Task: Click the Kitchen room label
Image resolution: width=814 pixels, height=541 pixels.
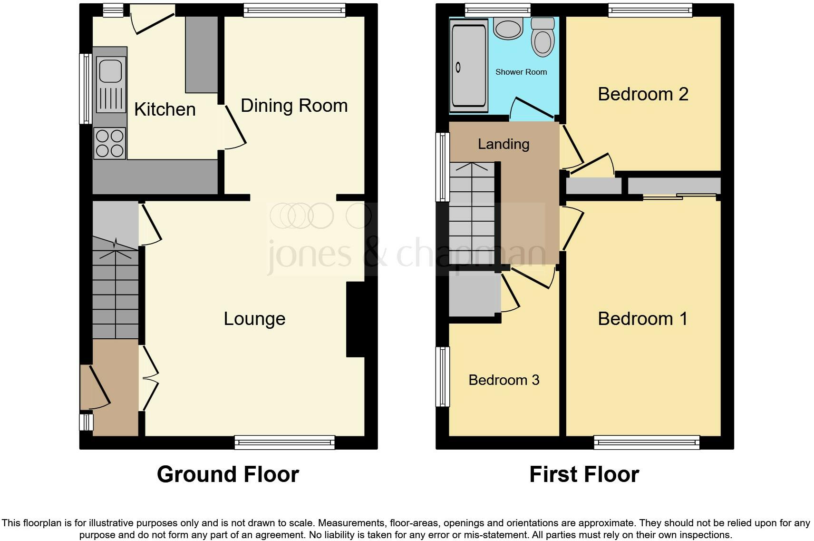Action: click(165, 109)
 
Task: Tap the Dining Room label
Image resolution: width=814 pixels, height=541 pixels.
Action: click(294, 106)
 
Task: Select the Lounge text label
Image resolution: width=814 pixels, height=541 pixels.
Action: click(254, 319)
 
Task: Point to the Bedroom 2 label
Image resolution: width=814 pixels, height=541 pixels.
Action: click(643, 94)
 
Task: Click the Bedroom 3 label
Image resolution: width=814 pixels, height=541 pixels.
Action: click(504, 380)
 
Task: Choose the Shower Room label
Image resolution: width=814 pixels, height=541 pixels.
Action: click(521, 72)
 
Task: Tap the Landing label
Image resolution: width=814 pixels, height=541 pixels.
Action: click(504, 144)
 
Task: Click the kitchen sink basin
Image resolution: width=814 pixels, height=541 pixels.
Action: click(110, 71)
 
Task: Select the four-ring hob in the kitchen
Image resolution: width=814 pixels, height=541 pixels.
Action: click(110, 143)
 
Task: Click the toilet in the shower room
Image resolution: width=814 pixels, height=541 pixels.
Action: click(543, 37)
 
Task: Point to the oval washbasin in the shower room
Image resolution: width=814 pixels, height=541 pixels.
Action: click(508, 29)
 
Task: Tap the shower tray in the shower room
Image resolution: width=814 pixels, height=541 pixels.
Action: click(469, 66)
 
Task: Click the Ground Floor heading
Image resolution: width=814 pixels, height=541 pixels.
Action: click(228, 474)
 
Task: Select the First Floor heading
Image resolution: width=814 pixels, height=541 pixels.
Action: click(584, 474)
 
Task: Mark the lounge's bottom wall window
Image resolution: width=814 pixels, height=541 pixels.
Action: click(284, 443)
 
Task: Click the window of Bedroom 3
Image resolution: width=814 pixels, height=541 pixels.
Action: click(442, 377)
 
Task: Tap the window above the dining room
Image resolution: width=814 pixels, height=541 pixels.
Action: click(294, 10)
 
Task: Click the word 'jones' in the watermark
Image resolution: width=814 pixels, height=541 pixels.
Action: click(310, 255)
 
